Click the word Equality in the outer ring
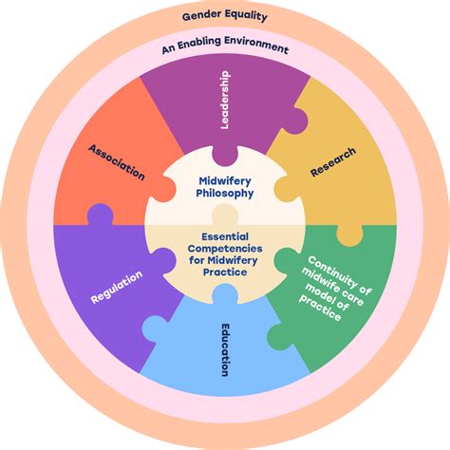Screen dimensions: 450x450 [x=246, y=16]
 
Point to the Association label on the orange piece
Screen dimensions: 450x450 [x=116, y=161]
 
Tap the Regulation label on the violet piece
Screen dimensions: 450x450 [x=118, y=288]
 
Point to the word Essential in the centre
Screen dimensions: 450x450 [x=225, y=237]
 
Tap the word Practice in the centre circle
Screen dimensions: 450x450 [x=225, y=272]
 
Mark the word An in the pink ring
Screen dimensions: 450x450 [x=168, y=47]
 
